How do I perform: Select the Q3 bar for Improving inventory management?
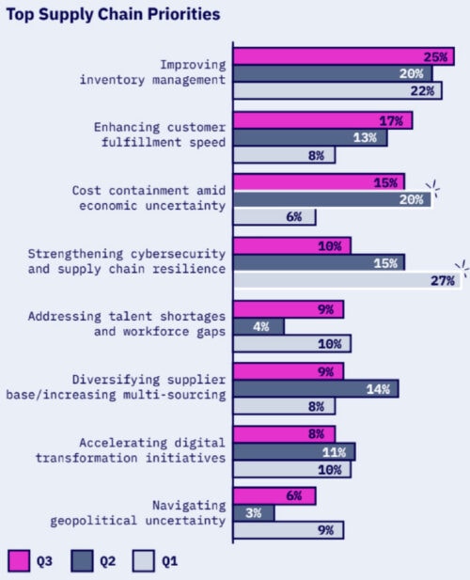tap(344, 56)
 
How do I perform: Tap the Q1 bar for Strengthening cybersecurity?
tap(347, 280)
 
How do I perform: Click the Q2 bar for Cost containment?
tap(332, 199)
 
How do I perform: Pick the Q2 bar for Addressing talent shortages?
tap(258, 326)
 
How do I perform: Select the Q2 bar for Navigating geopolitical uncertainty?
tap(254, 512)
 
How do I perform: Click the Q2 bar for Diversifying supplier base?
tap(315, 388)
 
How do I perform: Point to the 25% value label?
tap(435, 57)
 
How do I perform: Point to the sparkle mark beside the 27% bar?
tap(461, 266)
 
